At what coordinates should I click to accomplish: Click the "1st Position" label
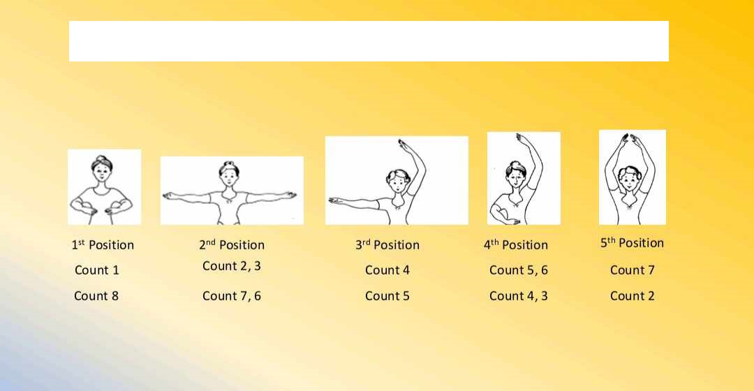103,245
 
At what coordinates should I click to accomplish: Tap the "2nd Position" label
232,245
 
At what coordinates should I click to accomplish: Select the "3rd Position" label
387,245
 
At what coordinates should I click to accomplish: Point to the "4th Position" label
515,245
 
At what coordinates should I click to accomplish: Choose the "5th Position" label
632,243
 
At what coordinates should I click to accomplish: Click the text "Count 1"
96,270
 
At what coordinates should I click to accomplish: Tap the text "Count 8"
96,296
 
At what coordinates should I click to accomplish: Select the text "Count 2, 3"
231,267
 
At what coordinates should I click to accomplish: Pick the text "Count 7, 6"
231,296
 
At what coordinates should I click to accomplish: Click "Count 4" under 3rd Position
387,270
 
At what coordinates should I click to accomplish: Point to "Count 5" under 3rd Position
387,296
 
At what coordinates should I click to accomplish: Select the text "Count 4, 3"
518,296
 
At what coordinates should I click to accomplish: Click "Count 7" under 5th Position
633,270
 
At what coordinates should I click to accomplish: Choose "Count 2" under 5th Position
633,296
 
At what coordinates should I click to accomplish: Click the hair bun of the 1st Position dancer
101,158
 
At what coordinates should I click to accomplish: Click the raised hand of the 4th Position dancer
522,139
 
